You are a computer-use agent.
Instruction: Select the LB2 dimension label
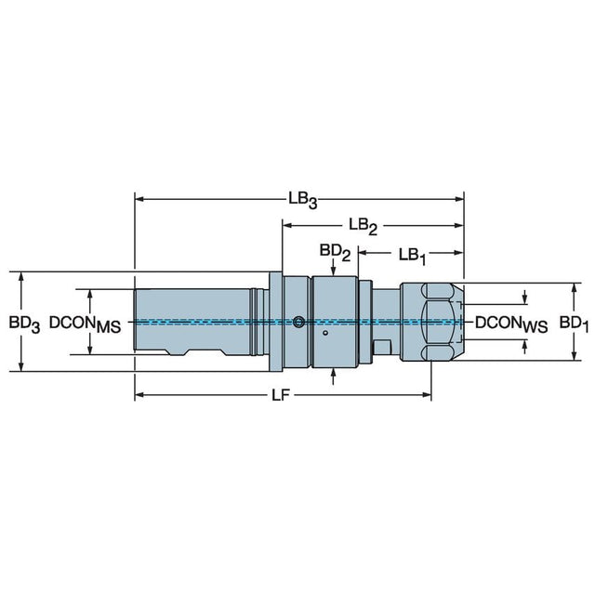tap(363, 226)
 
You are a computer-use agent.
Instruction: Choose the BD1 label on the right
tap(574, 323)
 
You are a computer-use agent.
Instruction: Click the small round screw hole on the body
tap(297, 323)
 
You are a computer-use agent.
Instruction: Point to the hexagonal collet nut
tap(431, 322)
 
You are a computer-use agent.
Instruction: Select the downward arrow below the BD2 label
tap(334, 270)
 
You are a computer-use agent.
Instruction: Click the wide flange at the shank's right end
tap(275, 322)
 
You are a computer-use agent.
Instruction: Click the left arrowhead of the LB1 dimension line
tap(363, 252)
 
